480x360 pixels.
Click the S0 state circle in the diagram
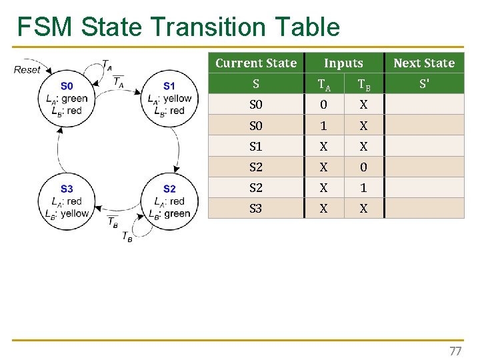click(67, 98)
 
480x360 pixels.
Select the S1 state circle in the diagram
click(169, 98)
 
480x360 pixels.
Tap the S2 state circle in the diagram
click(169, 201)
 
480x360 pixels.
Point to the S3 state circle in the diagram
click(67, 201)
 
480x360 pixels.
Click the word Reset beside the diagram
click(27, 69)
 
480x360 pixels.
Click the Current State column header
click(256, 63)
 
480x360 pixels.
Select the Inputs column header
click(343, 63)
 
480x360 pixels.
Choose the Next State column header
click(424, 63)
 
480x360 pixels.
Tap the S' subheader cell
click(424, 84)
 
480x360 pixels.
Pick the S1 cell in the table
click(256, 146)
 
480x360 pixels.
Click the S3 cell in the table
click(256, 208)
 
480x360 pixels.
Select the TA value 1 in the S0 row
click(323, 125)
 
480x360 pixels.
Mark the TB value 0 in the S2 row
click(363, 167)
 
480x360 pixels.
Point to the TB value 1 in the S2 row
click(363, 187)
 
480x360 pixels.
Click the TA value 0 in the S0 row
click(323, 105)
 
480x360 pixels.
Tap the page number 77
click(455, 351)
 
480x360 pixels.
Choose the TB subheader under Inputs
click(364, 85)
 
